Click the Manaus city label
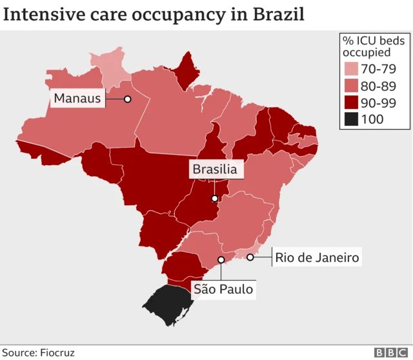click(x=78, y=99)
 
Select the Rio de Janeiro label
click(x=317, y=257)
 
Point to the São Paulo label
click(x=223, y=288)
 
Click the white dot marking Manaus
click(x=128, y=99)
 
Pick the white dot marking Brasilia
click(x=214, y=198)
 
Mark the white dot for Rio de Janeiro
click(x=250, y=257)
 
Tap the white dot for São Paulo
click(x=221, y=260)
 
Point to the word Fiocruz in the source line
click(x=57, y=353)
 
